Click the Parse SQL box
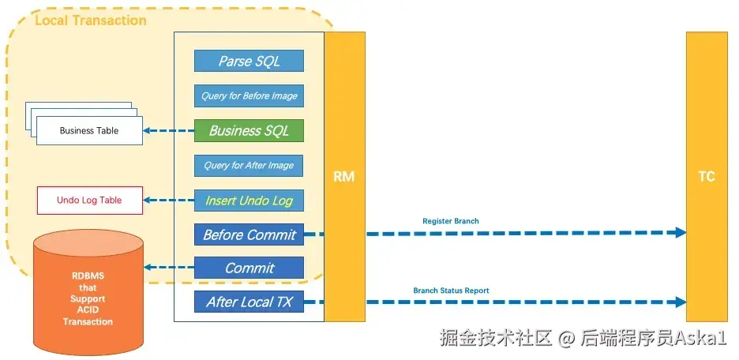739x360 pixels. pos(249,61)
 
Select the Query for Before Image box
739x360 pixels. pos(249,96)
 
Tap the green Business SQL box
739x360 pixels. pos(249,130)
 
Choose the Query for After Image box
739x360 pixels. pos(249,165)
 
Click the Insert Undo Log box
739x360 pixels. pos(249,201)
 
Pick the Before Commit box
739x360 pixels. pos(249,234)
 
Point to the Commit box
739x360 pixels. pos(249,268)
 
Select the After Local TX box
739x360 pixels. pos(249,302)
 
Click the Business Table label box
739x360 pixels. pos(89,130)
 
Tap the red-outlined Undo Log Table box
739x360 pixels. pos(89,201)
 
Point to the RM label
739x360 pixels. pos(344,177)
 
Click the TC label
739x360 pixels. pos(707,177)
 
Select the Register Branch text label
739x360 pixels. pos(451,221)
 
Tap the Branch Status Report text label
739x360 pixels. pos(451,291)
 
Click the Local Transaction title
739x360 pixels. pos(91,21)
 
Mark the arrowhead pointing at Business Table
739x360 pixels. pos(147,130)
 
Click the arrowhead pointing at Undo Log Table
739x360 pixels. pos(147,201)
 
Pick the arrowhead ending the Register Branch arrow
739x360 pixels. pos(680,232)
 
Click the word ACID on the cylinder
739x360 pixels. pos(88,310)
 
